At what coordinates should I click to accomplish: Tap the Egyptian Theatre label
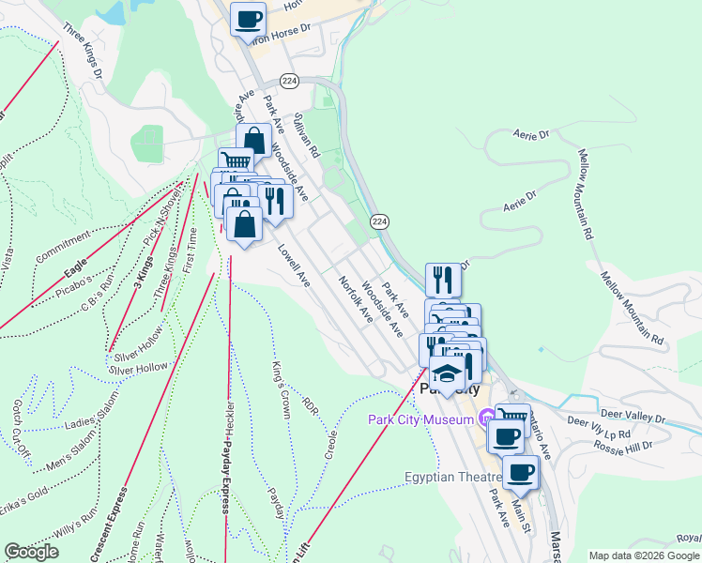[447, 477]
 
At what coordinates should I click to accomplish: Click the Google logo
[31, 552]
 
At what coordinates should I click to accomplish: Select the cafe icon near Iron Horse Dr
[248, 20]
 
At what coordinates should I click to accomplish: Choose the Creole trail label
[330, 440]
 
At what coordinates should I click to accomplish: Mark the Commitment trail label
[62, 249]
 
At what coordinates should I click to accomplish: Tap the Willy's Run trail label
[75, 527]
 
